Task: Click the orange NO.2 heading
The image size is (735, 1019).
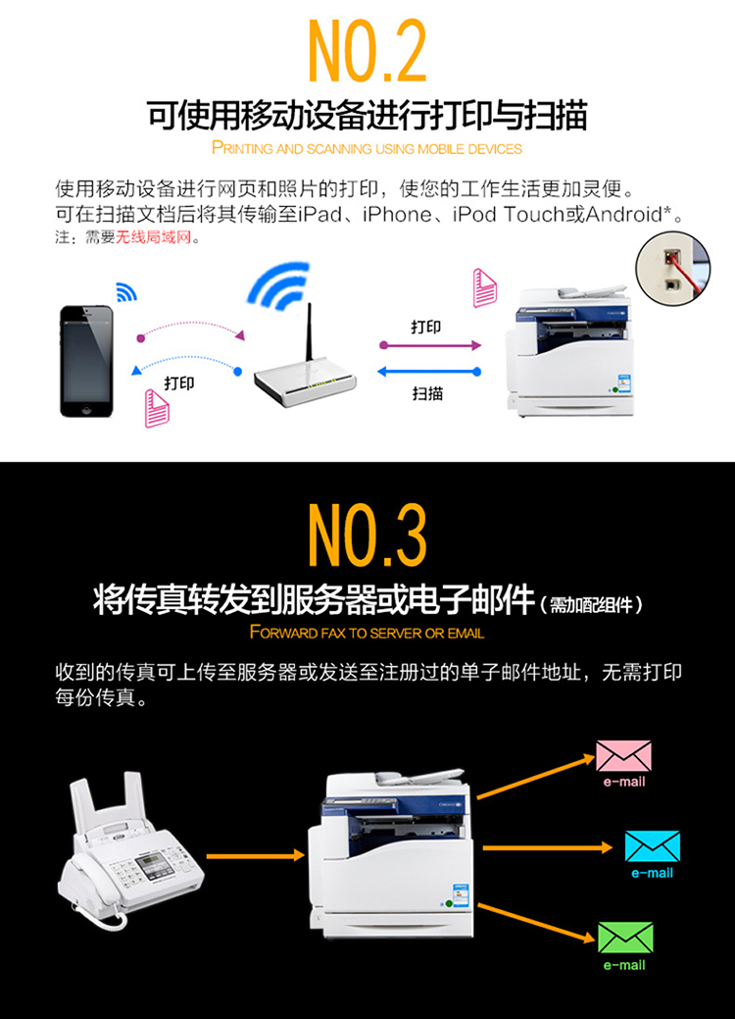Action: point(367,51)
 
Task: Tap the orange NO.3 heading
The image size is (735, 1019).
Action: point(367,535)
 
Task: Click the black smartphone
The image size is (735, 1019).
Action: point(86,361)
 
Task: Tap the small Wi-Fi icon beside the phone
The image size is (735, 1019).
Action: point(126,292)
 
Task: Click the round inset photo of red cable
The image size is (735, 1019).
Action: point(672,267)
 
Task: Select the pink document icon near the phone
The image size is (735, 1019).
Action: point(157,408)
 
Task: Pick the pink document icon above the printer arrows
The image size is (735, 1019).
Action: point(484,287)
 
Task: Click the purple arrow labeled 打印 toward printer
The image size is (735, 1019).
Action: point(430,345)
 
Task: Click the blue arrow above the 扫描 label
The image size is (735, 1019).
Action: point(429,372)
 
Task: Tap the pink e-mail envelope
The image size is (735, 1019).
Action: point(624,756)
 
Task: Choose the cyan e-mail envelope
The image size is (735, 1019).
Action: point(653,846)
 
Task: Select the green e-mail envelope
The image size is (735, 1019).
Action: point(625,938)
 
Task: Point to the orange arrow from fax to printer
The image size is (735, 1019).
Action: point(255,855)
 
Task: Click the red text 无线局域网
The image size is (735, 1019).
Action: point(154,237)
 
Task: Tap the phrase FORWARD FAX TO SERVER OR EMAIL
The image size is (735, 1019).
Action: point(367,633)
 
